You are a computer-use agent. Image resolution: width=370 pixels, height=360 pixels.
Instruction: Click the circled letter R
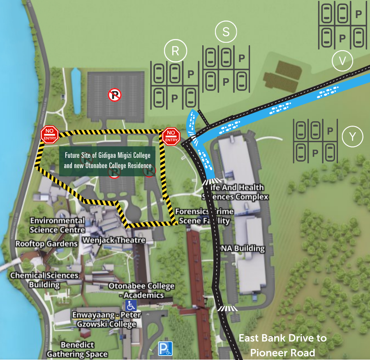tap(176, 51)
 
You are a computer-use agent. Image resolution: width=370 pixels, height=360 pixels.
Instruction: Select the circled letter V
tap(342, 61)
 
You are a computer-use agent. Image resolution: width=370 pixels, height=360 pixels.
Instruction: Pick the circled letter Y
tap(352, 137)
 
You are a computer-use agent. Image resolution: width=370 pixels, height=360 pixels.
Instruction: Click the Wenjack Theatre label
tap(113, 240)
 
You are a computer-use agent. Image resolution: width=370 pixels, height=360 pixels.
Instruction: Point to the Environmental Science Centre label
tap(57, 225)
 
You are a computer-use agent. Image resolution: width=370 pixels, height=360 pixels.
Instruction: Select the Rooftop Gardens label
tap(46, 244)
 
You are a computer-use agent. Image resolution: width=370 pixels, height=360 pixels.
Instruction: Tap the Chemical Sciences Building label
tap(44, 280)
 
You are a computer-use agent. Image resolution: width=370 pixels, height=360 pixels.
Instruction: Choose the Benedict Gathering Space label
tap(77, 349)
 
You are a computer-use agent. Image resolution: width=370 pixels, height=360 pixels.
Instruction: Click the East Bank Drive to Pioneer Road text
tap(282, 345)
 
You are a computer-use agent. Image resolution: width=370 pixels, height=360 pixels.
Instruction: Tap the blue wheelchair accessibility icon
tap(131, 305)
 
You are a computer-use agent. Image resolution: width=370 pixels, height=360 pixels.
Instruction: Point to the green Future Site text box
tap(108, 161)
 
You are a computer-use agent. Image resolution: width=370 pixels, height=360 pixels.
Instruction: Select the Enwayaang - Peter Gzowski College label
tap(106, 319)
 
